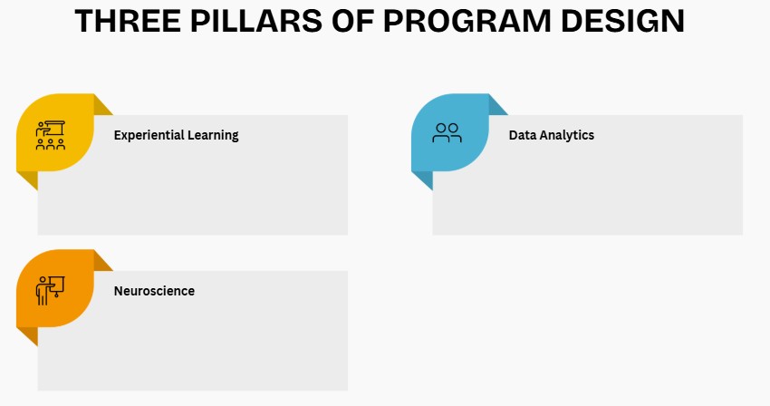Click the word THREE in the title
tap(128, 21)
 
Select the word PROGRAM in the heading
tap(467, 21)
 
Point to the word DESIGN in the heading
tap(622, 21)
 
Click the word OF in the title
tap(352, 21)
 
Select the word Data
tap(521, 135)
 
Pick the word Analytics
tap(565, 136)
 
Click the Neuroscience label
tap(154, 291)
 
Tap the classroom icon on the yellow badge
tap(51, 135)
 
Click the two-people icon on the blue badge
tap(447, 132)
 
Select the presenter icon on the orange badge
tap(50, 291)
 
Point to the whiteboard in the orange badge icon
tap(57, 285)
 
